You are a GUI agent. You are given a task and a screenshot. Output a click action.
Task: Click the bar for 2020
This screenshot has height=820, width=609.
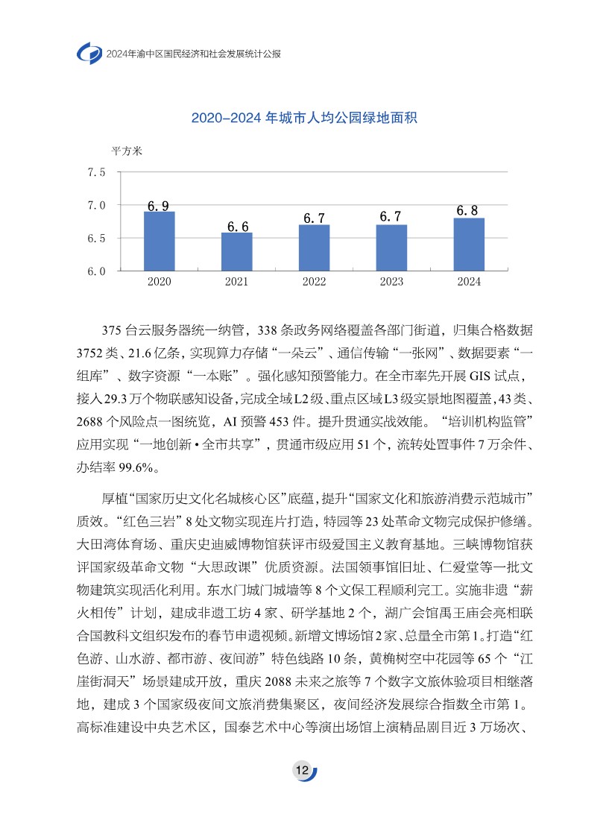[x=160, y=241]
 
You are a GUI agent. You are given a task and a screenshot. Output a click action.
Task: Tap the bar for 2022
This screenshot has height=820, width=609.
[x=315, y=247]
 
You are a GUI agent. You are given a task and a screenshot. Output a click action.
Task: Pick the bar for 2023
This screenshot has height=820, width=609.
[x=391, y=247]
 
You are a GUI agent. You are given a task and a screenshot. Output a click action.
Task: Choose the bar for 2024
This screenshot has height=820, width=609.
[x=469, y=245]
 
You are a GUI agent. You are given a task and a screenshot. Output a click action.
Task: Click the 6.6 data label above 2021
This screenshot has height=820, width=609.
[x=237, y=227]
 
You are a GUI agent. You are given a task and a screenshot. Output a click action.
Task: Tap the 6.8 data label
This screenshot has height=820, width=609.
[x=467, y=211]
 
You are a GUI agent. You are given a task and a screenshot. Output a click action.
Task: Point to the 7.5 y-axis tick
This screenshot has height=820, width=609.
[x=97, y=172]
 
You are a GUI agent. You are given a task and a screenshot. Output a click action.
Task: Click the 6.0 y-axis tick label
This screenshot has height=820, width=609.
[x=97, y=271]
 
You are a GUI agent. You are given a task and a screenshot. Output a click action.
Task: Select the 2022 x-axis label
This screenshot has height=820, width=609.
[x=315, y=282]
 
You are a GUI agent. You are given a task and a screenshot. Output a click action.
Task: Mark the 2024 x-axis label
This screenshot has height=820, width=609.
[x=469, y=282]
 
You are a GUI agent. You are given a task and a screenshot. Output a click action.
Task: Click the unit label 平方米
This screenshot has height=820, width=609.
[x=126, y=151]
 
